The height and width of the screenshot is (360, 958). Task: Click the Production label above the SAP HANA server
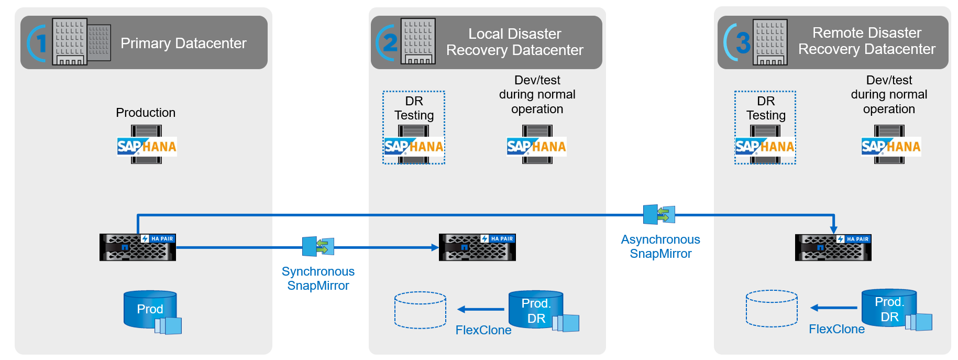tap(146, 113)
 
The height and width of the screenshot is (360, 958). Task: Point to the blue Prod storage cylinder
tap(150, 309)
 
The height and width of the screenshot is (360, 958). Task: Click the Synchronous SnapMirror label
tap(318, 278)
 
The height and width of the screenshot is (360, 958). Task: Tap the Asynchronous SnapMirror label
tap(660, 246)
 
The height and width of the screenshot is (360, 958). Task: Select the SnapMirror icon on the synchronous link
tap(318, 246)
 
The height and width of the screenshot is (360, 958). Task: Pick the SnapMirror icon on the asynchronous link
tap(659, 214)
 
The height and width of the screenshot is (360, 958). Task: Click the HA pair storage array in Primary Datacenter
tap(138, 247)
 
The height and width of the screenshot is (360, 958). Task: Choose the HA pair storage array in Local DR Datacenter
tap(477, 247)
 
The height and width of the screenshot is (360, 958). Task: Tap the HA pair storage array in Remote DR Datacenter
tap(833, 247)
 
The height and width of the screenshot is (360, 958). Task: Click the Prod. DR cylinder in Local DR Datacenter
tap(536, 310)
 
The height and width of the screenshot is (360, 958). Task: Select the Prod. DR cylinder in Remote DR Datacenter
tap(889, 309)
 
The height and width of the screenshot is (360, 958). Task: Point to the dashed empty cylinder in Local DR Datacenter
tap(420, 310)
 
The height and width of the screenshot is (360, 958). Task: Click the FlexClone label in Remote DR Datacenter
tap(836, 329)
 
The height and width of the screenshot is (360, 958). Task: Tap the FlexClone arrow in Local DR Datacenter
tap(480, 309)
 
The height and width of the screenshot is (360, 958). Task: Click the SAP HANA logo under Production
tap(147, 146)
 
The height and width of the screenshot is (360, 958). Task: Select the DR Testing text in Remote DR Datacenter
tap(766, 108)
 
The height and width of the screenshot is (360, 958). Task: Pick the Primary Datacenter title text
tap(183, 43)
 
